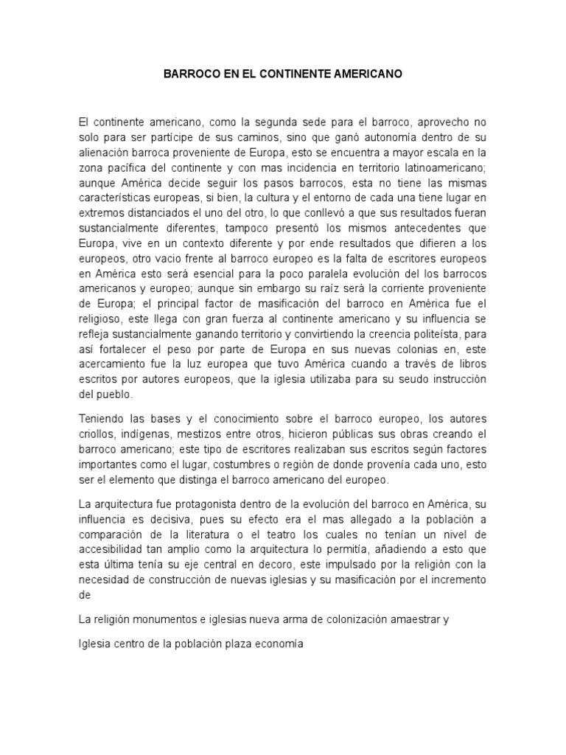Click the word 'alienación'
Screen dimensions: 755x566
click(x=106, y=153)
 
